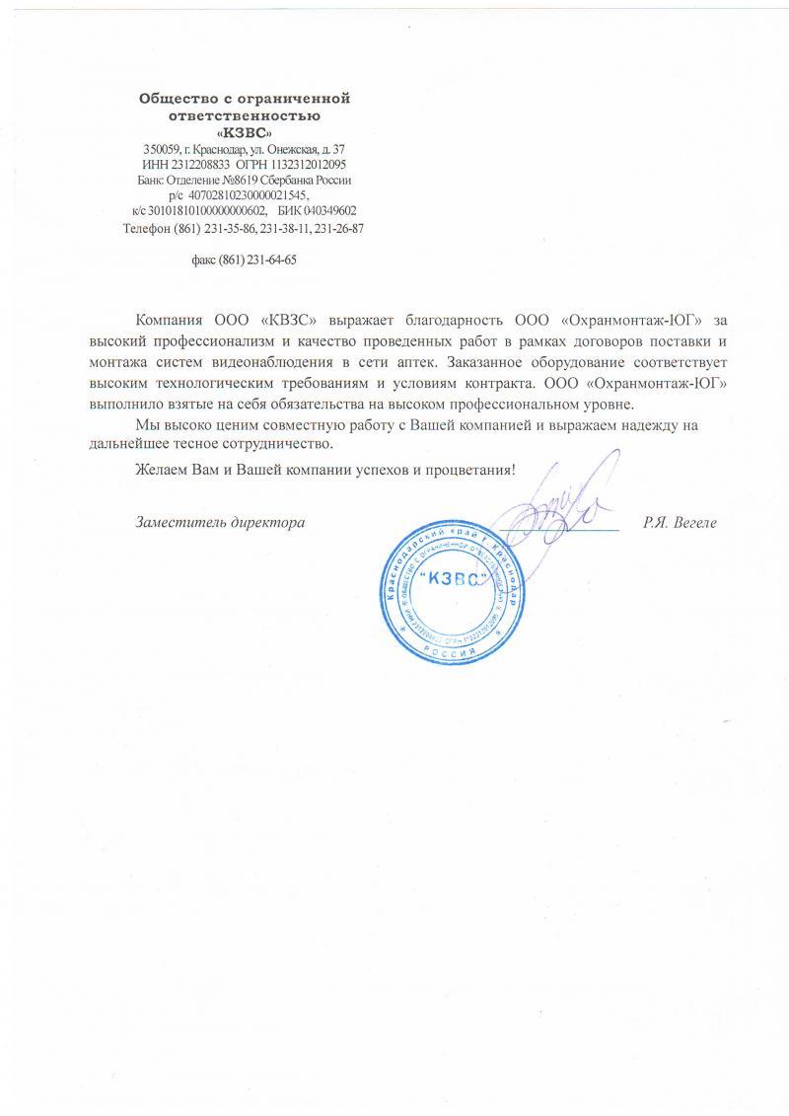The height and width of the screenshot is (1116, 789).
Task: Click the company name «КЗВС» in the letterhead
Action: click(245, 131)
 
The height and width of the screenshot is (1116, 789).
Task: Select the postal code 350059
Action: click(162, 149)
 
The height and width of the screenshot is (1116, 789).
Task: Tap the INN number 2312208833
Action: click(197, 165)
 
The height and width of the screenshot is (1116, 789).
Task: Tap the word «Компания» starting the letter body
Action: click(170, 320)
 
